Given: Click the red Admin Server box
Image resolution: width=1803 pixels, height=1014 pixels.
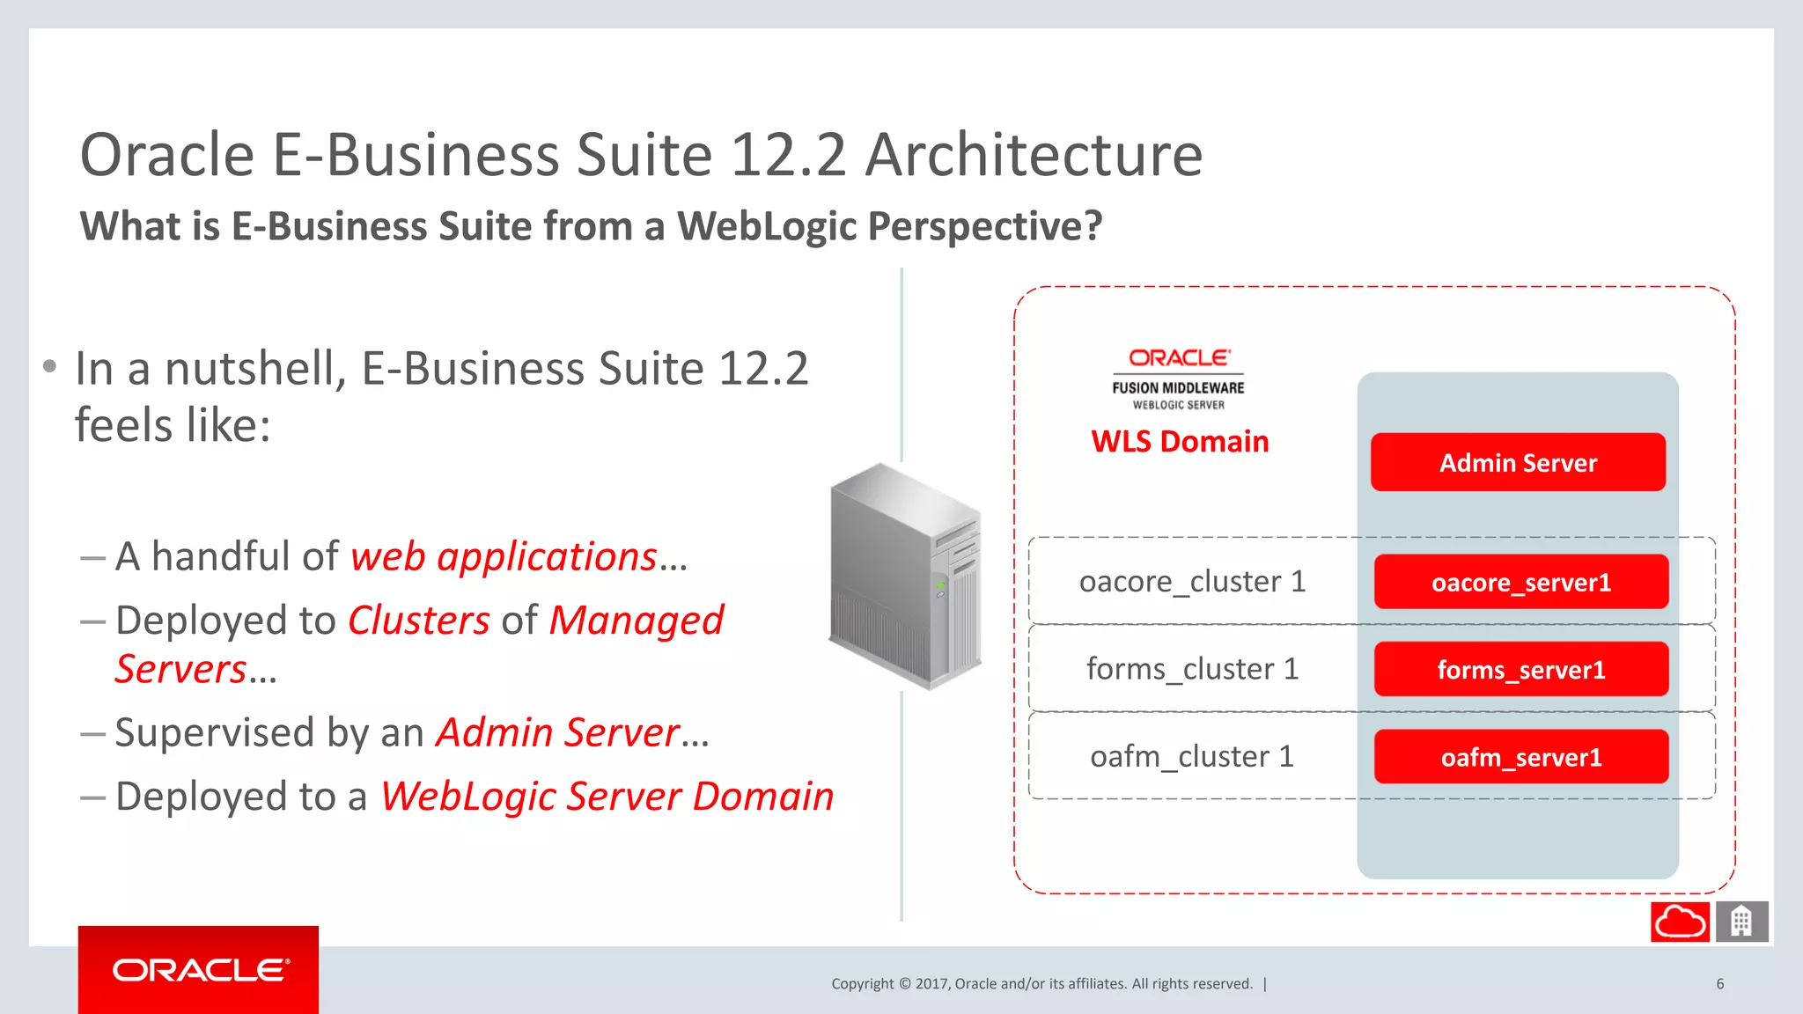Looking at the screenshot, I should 1518,462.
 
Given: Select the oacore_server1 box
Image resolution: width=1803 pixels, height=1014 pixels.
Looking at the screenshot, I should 1520,582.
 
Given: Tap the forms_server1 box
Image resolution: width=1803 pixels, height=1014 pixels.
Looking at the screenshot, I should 1520,670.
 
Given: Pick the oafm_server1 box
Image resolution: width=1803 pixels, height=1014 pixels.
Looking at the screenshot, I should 1520,757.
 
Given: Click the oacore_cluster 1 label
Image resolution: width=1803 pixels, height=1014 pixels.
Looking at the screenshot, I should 1192,582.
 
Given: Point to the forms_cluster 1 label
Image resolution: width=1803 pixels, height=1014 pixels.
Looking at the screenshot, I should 1192,669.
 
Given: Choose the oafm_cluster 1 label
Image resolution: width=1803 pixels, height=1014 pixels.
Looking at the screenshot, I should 1192,757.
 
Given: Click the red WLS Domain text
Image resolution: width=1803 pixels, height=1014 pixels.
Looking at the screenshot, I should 1180,441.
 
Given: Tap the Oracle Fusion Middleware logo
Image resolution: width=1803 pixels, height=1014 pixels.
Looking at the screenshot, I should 1179,379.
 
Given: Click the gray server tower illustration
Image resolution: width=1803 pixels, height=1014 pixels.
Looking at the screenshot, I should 906,576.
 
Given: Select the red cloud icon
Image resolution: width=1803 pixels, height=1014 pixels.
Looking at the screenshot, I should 1680,922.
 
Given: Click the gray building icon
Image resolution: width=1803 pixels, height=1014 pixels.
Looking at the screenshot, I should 1740,922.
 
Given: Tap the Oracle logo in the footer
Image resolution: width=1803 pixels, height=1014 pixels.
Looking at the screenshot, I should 199,970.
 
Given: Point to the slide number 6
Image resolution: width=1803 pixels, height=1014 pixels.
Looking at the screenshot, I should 1719,984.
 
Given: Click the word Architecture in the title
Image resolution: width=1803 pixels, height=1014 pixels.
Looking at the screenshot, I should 1034,155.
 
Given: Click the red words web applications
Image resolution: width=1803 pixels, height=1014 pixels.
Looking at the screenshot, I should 504,557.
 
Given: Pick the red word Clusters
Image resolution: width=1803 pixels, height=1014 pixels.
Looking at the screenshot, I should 419,621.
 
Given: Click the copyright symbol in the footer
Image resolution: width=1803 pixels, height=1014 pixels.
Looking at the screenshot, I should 904,984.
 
